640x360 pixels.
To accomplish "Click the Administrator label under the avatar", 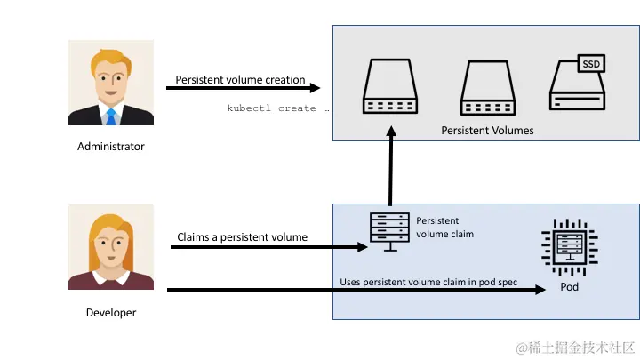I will [x=110, y=147].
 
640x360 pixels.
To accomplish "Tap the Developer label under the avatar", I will [x=110, y=312].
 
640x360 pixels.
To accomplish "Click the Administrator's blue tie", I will [x=110, y=116].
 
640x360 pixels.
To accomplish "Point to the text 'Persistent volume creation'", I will [x=240, y=79].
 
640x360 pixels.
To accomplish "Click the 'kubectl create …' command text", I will [x=278, y=108].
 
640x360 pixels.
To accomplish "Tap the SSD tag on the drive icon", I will [x=590, y=64].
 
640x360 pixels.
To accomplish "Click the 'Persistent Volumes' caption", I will [x=487, y=130].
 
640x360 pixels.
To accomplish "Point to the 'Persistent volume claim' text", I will [x=444, y=227].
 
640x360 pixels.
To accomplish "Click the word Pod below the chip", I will [x=569, y=290].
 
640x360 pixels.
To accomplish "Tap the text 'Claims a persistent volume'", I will [x=242, y=237].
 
